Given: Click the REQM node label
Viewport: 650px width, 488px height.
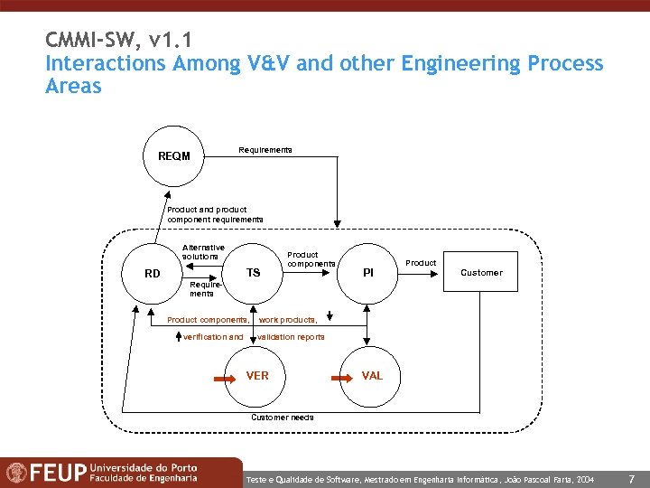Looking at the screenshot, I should [174, 156].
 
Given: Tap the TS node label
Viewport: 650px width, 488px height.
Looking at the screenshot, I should [253, 273].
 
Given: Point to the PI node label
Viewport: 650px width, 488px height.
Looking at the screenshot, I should [367, 272].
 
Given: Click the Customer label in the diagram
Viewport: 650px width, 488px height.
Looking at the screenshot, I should [481, 273].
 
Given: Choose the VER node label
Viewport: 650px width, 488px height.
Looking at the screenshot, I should [257, 375].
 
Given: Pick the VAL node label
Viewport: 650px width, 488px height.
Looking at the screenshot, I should [372, 375].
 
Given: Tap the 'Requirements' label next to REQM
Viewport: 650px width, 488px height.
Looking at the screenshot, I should [265, 149].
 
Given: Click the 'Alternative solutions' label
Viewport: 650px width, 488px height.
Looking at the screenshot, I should [203, 252].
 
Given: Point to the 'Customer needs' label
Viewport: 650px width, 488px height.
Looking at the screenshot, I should [283, 418].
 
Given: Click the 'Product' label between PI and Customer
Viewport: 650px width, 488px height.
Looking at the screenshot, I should [421, 263].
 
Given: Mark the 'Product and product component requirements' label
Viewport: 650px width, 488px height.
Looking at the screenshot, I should [215, 214].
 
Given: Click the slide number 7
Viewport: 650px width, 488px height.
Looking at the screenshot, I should [631, 477].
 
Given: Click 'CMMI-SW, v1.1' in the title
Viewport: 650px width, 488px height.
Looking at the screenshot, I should [117, 41].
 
